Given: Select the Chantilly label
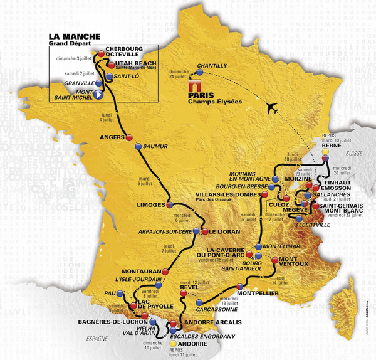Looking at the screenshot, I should (x=211, y=65).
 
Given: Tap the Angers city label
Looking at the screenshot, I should (x=111, y=137).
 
